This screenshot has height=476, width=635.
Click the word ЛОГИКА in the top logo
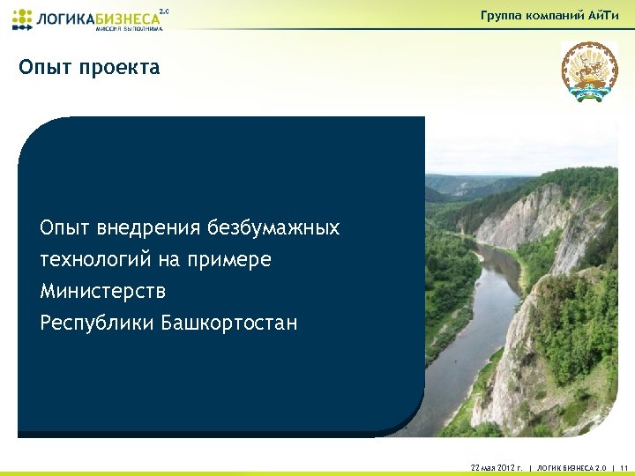[x=64, y=18]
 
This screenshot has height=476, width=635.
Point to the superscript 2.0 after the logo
[x=163, y=11]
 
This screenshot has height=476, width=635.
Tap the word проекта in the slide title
[x=119, y=68]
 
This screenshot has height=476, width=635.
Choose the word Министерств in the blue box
[x=102, y=291]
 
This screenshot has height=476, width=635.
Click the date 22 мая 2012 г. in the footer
[x=484, y=466]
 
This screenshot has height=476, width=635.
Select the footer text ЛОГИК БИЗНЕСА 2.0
[x=572, y=466]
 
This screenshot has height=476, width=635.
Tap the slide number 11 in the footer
[x=623, y=466]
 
